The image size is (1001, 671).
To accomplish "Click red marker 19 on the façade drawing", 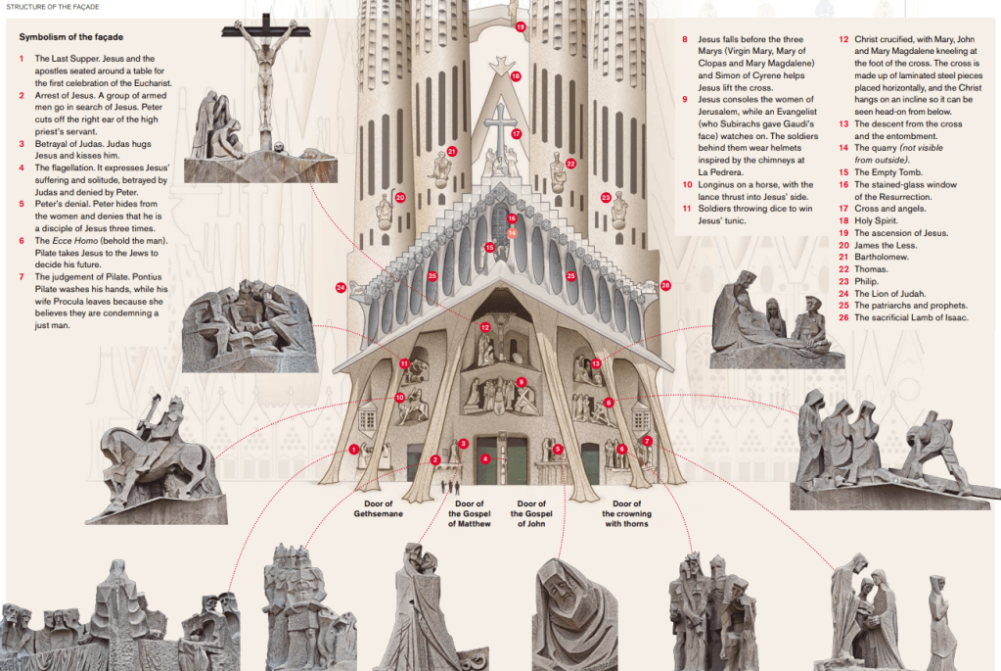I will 521,27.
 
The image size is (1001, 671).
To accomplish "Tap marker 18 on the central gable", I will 516,75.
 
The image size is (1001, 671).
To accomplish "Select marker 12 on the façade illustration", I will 485,326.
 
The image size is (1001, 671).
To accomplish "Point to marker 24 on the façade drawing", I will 341,287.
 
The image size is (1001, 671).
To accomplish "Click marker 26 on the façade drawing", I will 665,285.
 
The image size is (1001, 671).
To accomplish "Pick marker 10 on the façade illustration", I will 400,398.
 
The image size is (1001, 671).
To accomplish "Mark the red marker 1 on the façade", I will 353,450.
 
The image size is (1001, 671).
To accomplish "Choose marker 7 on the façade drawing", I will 647,442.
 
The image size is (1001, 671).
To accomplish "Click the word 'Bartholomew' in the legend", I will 885,257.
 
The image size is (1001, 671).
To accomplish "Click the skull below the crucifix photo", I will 278,146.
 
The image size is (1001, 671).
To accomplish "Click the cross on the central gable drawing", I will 500,122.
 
